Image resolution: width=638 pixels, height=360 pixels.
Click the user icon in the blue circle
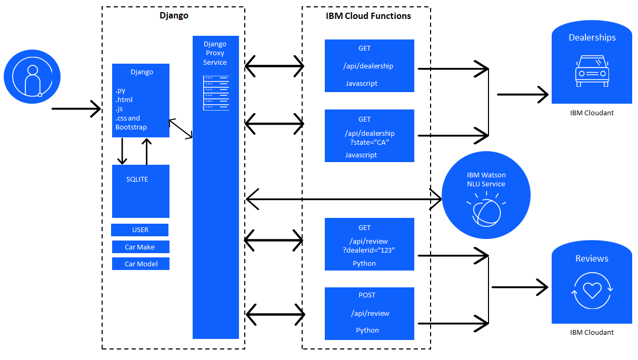32,77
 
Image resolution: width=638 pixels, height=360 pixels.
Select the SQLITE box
141,191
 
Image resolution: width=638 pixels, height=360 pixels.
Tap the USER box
140,230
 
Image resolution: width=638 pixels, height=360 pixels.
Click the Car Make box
141,247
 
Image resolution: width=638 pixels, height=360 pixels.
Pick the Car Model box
141,264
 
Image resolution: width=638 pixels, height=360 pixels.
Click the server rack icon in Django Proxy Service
216,93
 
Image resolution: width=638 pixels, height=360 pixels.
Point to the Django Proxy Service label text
215,53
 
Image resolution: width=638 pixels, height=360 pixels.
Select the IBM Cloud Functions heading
368,16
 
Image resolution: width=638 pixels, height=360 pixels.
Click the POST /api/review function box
370,313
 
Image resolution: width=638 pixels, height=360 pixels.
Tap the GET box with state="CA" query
370,136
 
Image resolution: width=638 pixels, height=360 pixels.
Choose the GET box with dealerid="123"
370,244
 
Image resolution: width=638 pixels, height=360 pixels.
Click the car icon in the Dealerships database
592,71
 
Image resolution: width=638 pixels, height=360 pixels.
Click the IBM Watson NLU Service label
486,179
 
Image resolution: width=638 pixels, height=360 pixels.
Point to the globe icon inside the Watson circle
486,212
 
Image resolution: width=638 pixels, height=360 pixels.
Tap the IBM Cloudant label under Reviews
592,332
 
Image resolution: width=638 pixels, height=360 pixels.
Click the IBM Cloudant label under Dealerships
592,113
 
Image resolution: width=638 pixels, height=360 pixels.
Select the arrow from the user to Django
76,109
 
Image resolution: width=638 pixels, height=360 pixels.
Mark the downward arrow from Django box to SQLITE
122,151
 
